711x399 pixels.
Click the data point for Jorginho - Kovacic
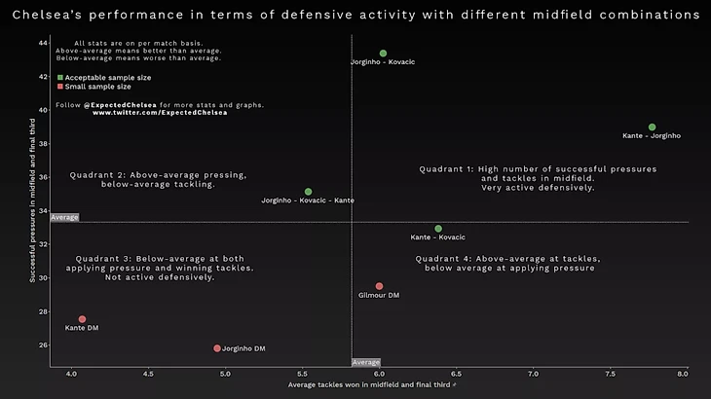383,54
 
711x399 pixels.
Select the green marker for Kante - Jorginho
652,127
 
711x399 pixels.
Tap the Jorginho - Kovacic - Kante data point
308,192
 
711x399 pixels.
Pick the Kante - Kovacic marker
438,229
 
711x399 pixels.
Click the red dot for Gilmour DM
379,286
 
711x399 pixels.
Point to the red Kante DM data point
82,319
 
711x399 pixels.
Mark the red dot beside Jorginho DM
217,348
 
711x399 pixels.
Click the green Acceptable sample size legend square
59,77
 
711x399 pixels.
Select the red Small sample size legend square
59,86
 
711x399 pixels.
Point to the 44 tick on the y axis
43,43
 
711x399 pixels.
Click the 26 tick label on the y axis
43,345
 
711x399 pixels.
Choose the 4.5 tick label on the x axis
148,374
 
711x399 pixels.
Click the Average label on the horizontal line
64,217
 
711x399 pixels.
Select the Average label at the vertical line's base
365,362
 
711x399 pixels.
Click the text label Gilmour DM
379,295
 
